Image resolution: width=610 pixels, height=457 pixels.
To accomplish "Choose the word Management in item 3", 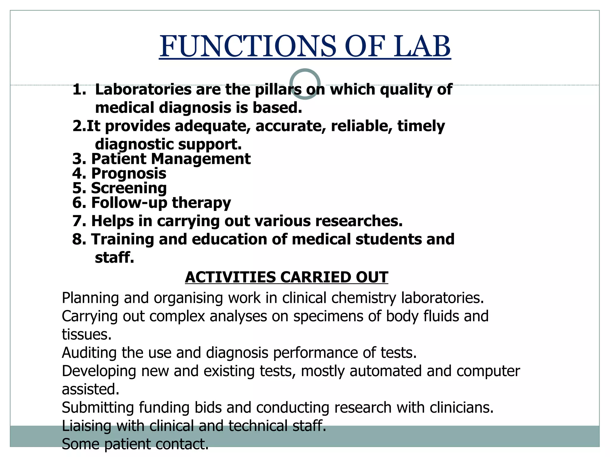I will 201,159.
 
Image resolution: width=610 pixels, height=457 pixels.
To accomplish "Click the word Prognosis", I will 129,174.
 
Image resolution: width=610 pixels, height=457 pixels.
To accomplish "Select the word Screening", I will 129,188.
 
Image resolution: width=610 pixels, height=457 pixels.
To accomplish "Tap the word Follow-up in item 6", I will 129,203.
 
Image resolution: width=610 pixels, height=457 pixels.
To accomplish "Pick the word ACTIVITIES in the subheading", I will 230,277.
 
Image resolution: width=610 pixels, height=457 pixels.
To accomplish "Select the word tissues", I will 86,334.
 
